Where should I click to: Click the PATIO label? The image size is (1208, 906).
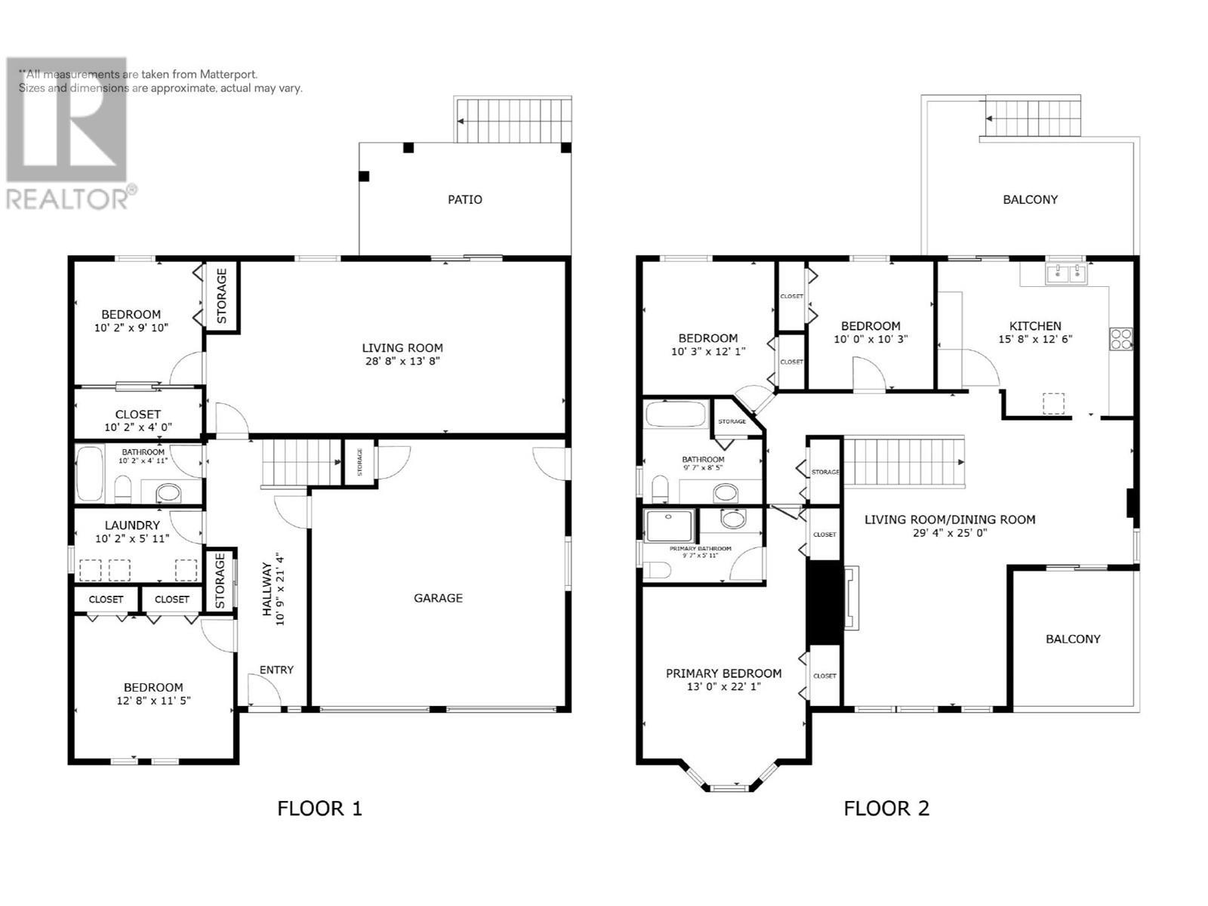tap(464, 200)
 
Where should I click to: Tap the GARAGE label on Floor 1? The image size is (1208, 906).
tap(438, 598)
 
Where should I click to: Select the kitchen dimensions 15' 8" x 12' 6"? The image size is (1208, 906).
tap(1035, 340)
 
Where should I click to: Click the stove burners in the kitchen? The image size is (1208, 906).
tap(1120, 338)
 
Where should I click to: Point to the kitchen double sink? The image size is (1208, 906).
tap(1066, 273)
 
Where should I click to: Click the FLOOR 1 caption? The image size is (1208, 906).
tap(319, 809)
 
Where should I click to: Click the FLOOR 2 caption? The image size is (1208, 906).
tap(886, 809)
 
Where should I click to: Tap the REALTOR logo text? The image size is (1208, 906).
tap(66, 199)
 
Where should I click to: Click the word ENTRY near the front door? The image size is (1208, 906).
tap(276, 670)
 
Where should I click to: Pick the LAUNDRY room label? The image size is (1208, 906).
tap(132, 525)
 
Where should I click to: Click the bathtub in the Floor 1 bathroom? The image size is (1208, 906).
tap(90, 474)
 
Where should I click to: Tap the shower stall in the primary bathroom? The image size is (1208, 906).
tap(669, 525)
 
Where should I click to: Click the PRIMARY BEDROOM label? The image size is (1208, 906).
tap(723, 673)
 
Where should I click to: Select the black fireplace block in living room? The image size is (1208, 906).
tap(824, 602)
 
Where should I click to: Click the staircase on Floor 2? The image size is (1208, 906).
tap(903, 461)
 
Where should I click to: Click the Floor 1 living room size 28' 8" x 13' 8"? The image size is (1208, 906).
tap(402, 362)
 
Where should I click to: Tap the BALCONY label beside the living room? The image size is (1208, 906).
tap(1073, 639)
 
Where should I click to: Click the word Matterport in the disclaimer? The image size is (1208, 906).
tap(229, 75)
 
